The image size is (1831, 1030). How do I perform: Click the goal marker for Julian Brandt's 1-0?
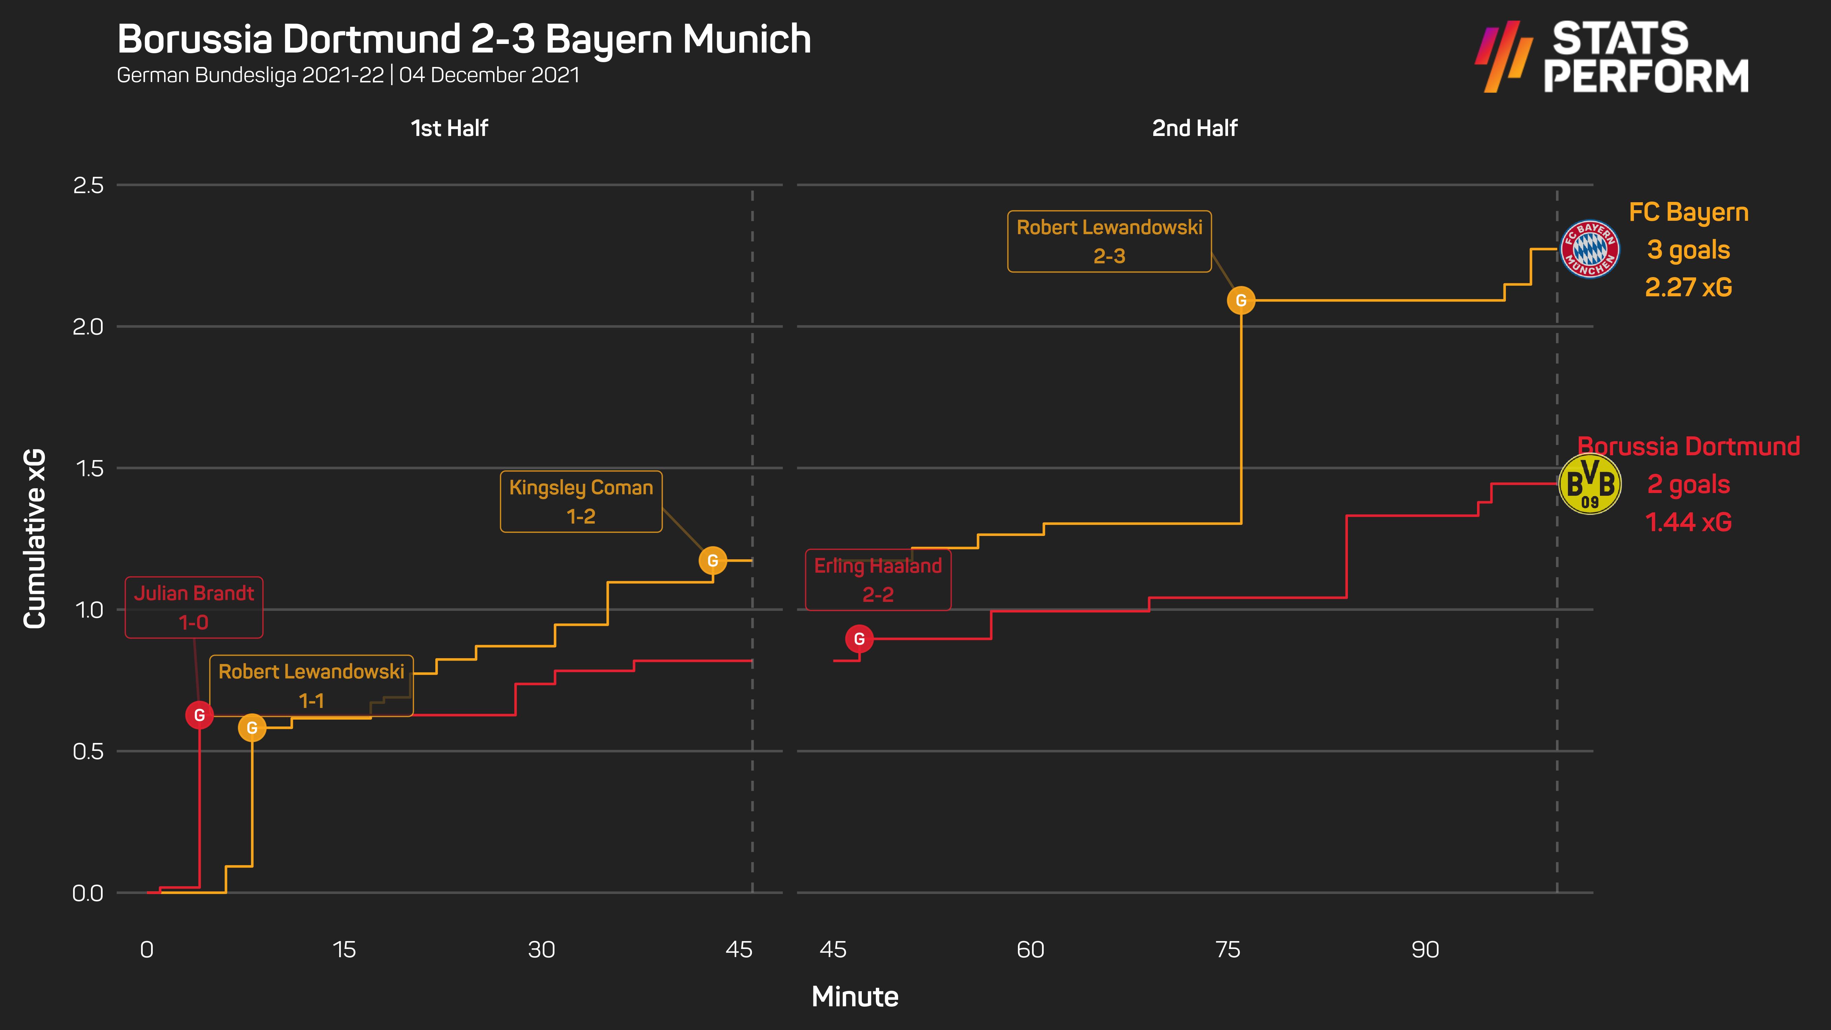[x=200, y=715]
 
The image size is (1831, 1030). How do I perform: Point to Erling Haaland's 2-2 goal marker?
[x=859, y=639]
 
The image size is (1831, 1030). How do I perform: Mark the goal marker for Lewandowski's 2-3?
[x=1241, y=301]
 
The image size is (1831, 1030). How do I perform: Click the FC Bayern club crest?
[x=1590, y=249]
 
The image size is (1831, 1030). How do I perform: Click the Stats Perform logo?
[x=1612, y=57]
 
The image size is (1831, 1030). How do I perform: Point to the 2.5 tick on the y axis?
[x=88, y=185]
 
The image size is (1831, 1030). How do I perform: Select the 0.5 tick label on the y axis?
[x=88, y=751]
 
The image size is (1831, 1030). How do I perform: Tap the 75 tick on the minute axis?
[x=1227, y=950]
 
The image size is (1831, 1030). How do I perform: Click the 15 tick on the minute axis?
[x=344, y=950]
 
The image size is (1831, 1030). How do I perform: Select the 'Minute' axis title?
[x=855, y=997]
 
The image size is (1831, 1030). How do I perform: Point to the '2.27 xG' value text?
[x=1688, y=287]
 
